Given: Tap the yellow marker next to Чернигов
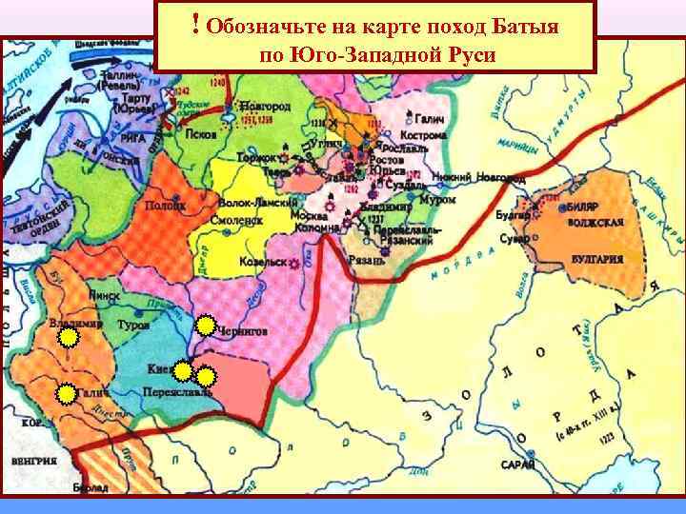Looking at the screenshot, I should coord(205,326).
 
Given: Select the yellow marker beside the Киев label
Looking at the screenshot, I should coord(183,371).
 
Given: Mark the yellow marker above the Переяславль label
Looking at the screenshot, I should coord(204,376).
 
